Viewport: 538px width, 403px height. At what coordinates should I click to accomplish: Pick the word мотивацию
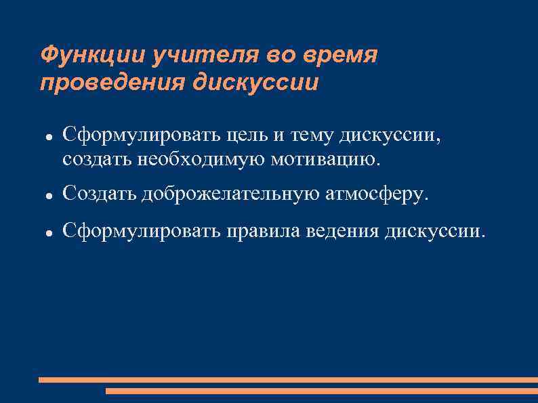coord(326,160)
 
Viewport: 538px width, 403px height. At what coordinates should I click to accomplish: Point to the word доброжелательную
coord(231,194)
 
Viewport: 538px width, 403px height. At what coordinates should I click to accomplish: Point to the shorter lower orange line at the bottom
coord(322,391)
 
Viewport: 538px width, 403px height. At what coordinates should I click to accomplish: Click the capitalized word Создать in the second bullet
coord(100,194)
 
